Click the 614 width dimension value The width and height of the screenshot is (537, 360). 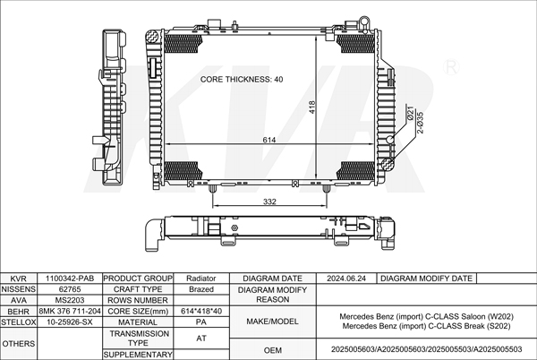point(269,140)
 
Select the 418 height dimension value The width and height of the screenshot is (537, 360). point(311,107)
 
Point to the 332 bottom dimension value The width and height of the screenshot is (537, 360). point(269,201)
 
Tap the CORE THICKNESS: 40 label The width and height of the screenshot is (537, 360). point(242,79)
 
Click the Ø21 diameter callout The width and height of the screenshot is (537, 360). point(410,114)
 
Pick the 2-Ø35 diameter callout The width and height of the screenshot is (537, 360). point(421,123)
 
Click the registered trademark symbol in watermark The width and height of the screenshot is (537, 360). point(451,67)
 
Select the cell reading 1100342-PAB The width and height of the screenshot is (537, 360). point(70,279)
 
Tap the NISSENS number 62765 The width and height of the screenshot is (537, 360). point(70,289)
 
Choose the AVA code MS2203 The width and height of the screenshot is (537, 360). point(70,300)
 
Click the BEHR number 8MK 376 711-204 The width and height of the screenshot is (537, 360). point(70,311)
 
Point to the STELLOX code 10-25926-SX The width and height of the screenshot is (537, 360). point(70,322)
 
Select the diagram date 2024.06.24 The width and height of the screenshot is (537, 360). point(346,279)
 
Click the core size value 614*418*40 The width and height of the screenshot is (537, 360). point(201,311)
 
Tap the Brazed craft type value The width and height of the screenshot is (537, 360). point(201,289)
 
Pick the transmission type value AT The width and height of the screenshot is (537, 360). point(201,339)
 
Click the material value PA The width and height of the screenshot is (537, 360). point(201,322)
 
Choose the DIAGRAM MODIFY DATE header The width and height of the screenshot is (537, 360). point(426,279)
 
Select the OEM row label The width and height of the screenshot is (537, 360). point(273,350)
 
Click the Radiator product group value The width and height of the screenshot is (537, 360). point(201,279)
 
